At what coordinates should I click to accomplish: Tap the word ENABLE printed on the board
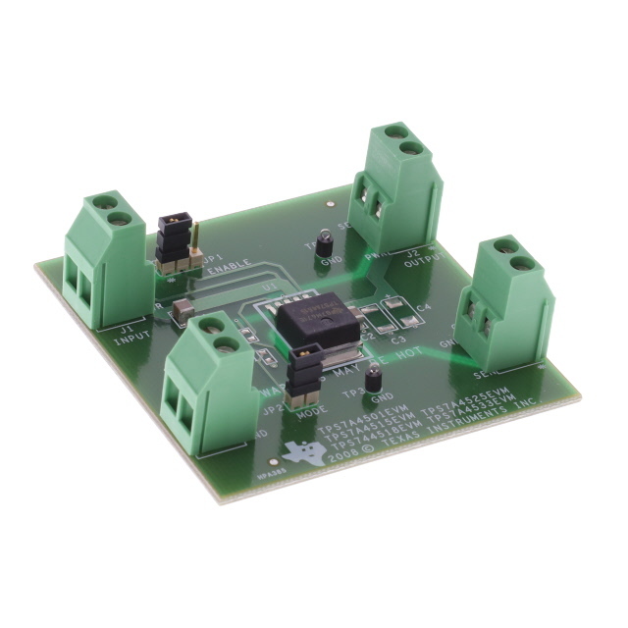click(226, 268)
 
